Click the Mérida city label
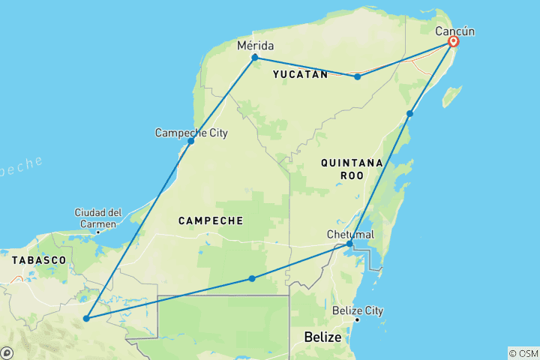(x=255, y=46)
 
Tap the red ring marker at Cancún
(x=454, y=42)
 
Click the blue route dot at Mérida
(x=255, y=57)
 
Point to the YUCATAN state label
(x=300, y=74)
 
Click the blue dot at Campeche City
(x=191, y=141)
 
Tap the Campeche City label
(x=191, y=133)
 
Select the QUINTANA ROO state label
(x=351, y=169)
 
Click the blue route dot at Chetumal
(x=349, y=244)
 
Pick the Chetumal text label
(x=350, y=235)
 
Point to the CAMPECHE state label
(x=211, y=220)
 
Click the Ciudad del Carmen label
(x=98, y=218)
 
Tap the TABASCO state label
(x=39, y=259)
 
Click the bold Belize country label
(x=323, y=338)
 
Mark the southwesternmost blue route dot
(x=87, y=319)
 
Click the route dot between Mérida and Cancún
(x=358, y=76)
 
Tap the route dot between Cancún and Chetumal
(x=410, y=114)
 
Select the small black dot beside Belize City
(x=358, y=320)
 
